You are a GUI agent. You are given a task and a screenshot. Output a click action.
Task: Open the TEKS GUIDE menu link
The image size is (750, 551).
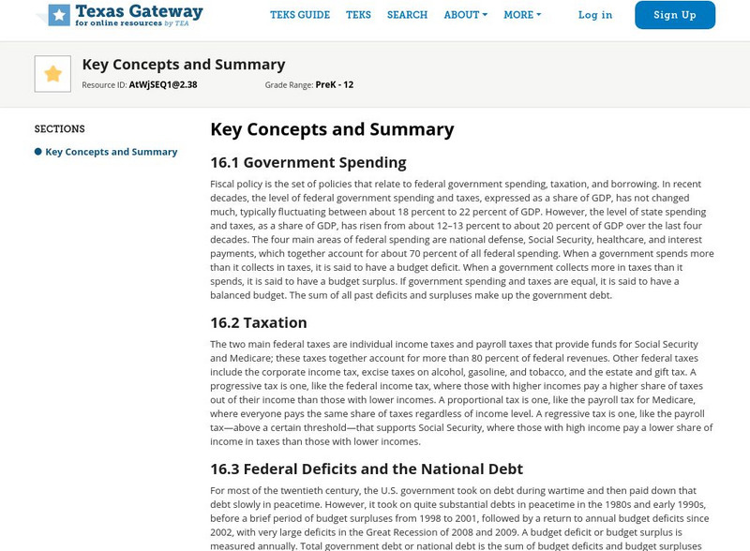(x=300, y=15)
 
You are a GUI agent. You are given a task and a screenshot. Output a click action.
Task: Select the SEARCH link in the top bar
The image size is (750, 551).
(x=407, y=15)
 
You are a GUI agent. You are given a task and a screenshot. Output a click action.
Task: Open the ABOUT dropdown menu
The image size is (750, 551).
(x=465, y=15)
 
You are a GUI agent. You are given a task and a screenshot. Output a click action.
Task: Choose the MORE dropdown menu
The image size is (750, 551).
(x=522, y=15)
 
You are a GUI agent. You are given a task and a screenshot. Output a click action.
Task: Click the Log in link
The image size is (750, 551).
(x=595, y=15)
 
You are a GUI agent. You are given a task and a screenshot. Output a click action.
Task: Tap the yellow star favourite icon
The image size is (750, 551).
(x=52, y=74)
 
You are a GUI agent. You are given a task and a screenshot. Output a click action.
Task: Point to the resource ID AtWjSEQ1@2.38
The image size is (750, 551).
(x=162, y=85)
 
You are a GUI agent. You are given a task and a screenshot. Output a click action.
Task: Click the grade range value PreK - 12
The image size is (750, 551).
(x=335, y=85)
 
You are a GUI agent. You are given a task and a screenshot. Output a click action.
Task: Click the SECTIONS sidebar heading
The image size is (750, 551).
(x=60, y=129)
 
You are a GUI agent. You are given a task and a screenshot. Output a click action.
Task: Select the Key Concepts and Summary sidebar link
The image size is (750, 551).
(x=112, y=152)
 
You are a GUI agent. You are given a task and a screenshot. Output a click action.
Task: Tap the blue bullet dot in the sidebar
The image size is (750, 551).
(x=38, y=152)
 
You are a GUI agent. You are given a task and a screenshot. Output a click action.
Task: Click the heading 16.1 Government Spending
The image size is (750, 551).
(x=307, y=162)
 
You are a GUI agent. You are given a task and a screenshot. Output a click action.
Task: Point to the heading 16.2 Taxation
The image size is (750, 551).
(x=259, y=322)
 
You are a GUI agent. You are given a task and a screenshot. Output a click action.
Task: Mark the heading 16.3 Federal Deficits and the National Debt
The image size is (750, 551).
(x=367, y=469)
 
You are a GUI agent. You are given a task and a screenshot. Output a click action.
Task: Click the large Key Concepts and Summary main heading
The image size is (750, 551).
(x=332, y=129)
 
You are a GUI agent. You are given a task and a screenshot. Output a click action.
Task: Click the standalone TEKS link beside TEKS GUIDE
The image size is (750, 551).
(x=358, y=15)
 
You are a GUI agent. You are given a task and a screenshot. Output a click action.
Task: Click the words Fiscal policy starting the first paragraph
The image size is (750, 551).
(x=235, y=185)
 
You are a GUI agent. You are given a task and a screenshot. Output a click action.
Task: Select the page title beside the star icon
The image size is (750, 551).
(x=184, y=65)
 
